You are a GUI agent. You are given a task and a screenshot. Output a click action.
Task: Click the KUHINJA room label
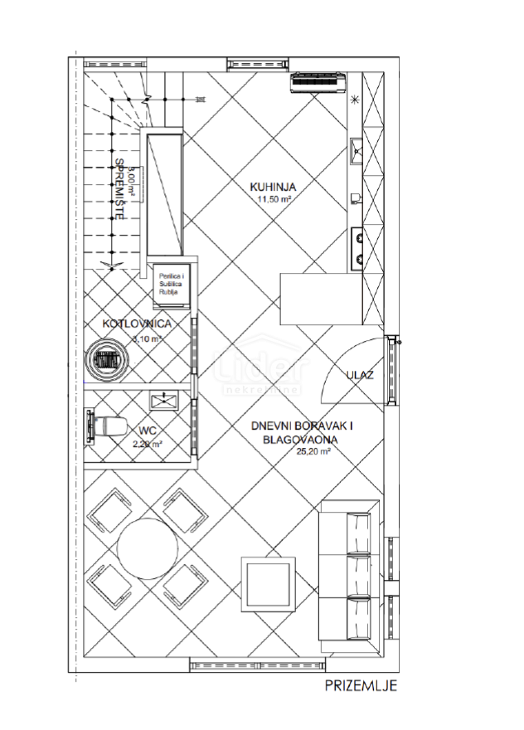273,187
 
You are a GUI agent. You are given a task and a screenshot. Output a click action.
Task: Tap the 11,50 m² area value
273,200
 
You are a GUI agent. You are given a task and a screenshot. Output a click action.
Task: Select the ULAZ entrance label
360,375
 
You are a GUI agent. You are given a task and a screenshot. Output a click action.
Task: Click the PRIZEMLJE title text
361,686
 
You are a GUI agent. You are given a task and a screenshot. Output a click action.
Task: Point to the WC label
148,431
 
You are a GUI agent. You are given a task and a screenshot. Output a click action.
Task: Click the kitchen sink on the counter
358,150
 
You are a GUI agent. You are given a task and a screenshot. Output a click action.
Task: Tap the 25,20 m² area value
313,452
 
